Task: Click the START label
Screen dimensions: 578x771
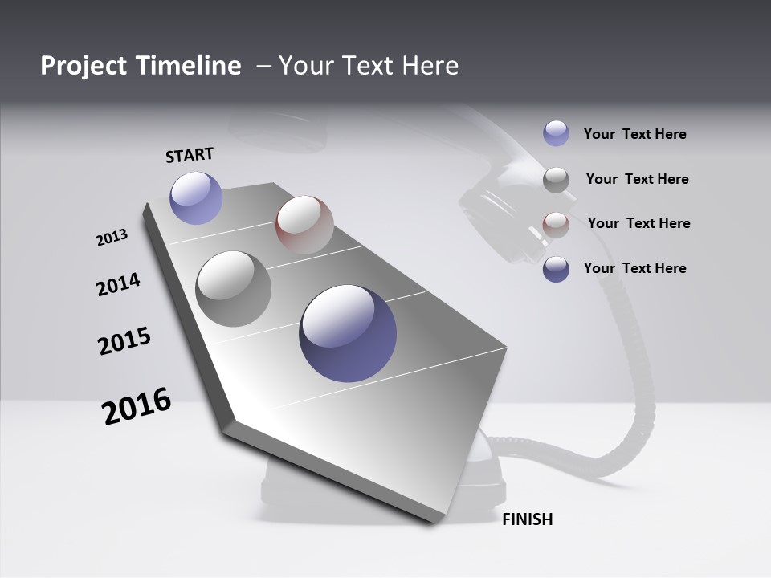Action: [x=190, y=154]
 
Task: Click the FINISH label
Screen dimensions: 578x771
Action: [x=527, y=519]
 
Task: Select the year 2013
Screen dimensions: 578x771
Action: [x=112, y=238]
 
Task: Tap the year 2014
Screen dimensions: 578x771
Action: [x=118, y=284]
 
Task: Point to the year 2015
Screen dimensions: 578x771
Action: [x=124, y=341]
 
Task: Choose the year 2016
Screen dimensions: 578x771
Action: [x=137, y=406]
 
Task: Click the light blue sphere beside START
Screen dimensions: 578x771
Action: [x=196, y=197]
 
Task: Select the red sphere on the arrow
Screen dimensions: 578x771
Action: [x=304, y=224]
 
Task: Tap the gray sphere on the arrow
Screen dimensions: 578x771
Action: [x=233, y=288]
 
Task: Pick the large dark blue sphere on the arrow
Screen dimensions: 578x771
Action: [x=348, y=332]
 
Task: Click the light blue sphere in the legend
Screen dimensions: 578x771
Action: [x=556, y=133]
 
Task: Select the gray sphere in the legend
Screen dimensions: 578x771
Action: [x=556, y=180]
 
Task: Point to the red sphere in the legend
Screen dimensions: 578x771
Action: [x=556, y=225]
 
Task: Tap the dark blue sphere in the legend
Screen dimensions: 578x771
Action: [x=556, y=269]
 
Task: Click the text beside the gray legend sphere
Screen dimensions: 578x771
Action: [x=637, y=179]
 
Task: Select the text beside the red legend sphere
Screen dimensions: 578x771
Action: [x=638, y=223]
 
